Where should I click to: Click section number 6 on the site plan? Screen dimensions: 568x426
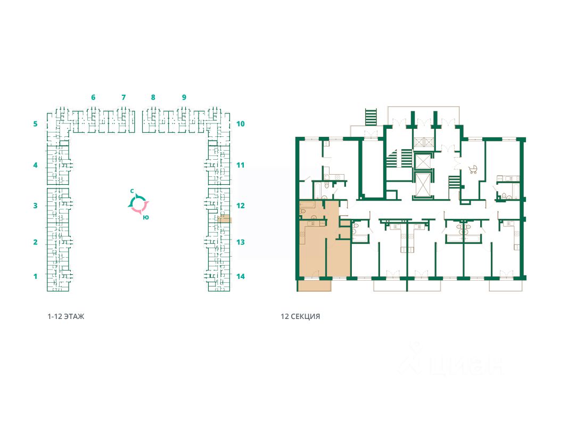point(93,97)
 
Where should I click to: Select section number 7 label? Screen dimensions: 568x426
point(124,97)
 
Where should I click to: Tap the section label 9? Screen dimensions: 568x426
point(184,97)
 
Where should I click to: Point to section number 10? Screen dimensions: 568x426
point(241,124)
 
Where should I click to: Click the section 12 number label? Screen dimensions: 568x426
point(241,206)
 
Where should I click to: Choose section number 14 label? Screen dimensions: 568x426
point(241,276)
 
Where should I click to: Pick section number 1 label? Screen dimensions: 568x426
point(36,276)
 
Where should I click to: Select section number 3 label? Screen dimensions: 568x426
point(36,206)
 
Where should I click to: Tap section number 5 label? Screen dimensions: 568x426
point(36,124)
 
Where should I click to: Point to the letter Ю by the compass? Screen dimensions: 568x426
point(146,217)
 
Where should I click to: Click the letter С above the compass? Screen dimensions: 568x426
point(132,191)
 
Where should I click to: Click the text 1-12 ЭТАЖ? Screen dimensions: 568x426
point(66,316)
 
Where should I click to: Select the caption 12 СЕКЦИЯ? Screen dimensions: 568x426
point(300,316)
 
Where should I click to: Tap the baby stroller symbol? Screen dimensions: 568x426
point(473,169)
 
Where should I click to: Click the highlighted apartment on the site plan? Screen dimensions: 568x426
point(225,218)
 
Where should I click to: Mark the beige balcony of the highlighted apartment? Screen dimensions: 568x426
point(315,285)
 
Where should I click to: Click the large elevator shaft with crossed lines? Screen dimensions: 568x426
point(422,185)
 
